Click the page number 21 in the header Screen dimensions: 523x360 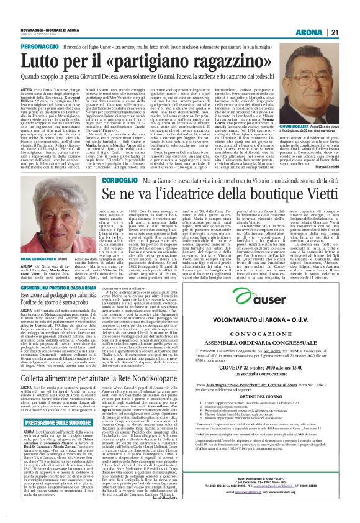coord(351,15)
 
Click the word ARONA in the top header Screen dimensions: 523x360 coord(325,15)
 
